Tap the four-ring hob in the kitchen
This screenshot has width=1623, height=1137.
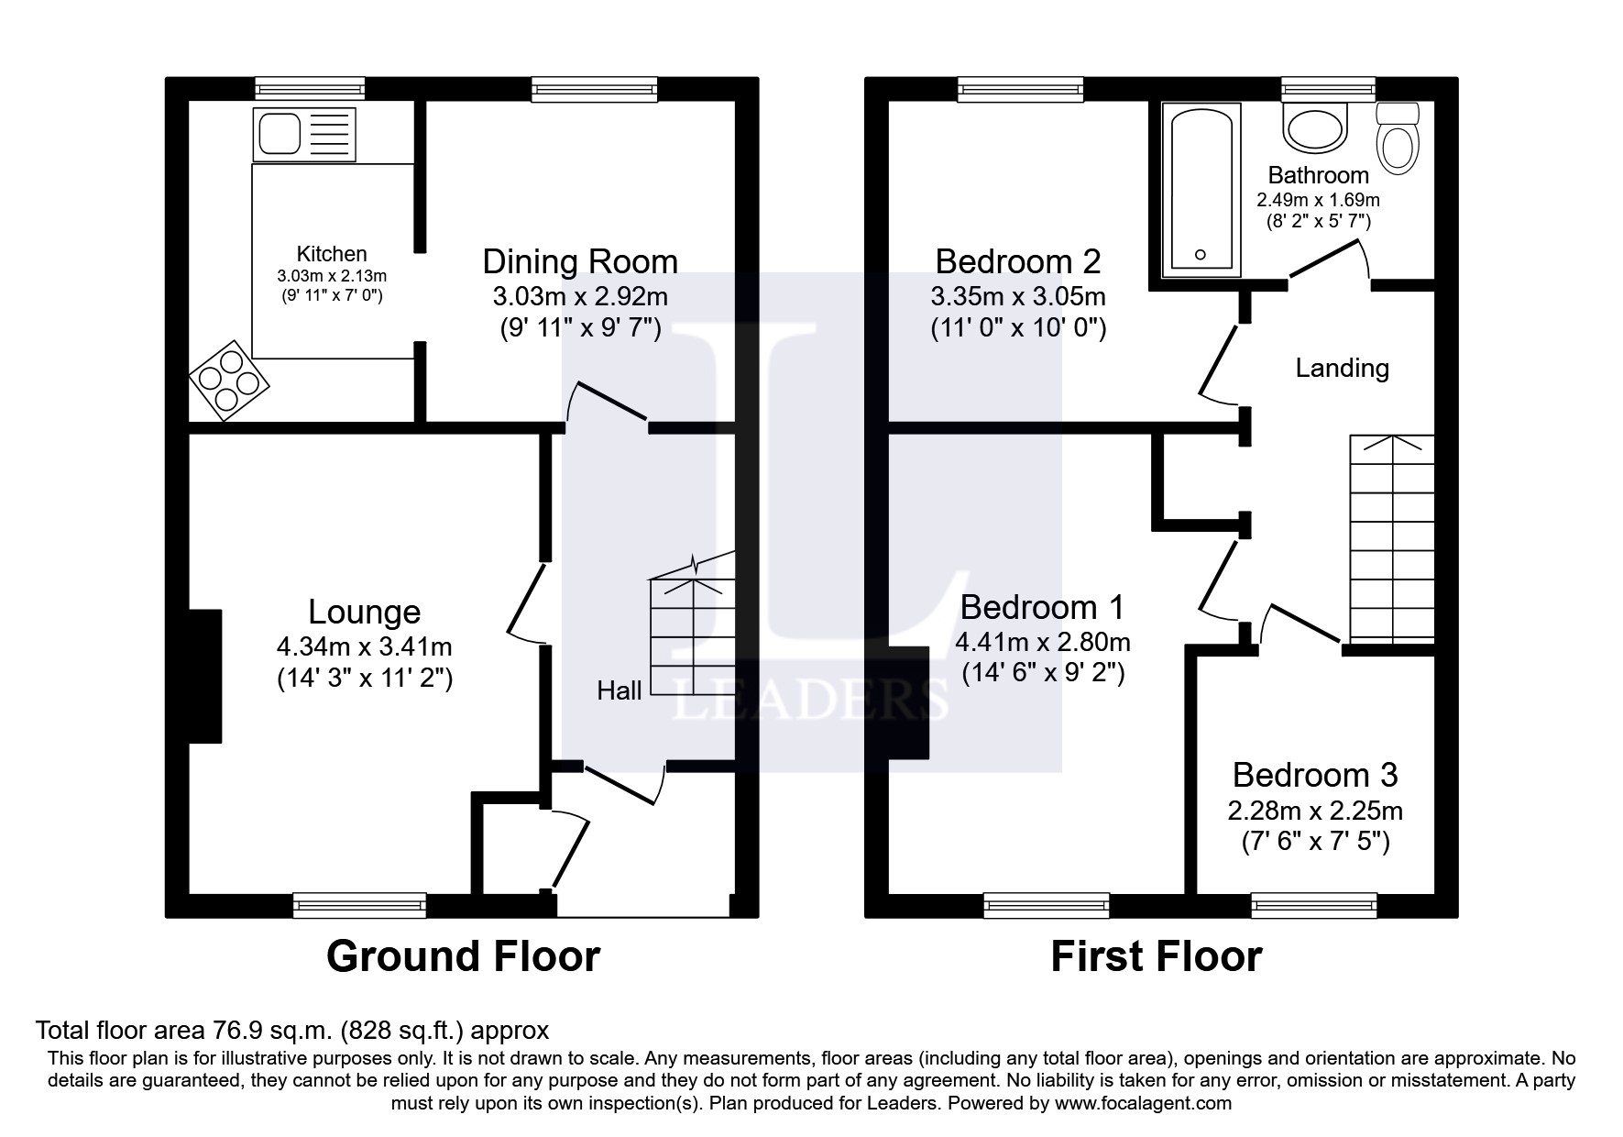point(229,381)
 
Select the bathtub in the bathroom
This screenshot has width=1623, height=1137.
point(1201,190)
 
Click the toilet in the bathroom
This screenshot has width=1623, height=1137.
point(1398,140)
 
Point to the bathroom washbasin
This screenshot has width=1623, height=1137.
point(1316,127)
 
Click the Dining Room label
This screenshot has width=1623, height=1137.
point(580,262)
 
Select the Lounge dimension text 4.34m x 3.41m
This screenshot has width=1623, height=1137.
point(364,647)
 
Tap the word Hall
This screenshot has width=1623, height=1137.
point(619,690)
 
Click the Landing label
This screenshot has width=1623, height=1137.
point(1342,369)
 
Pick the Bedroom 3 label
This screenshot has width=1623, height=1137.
point(1314,776)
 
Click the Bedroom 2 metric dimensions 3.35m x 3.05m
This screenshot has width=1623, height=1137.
point(1017,297)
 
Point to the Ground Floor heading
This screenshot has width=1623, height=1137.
point(463,956)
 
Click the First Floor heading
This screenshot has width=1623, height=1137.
point(1156,956)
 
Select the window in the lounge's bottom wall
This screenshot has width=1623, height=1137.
point(359,905)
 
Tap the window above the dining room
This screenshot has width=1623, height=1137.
point(595,89)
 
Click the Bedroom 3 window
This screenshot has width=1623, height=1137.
point(1314,905)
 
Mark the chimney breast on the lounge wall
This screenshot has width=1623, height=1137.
point(205,676)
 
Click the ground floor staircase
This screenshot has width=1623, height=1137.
point(692,637)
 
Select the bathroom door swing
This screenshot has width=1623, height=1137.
point(1329,262)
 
